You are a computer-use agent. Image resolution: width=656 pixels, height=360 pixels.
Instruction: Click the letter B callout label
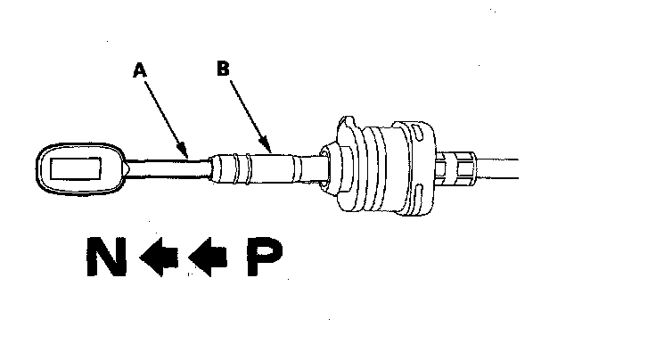coord(223,67)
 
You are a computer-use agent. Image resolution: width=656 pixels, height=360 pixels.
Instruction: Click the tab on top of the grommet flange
coord(347,126)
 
